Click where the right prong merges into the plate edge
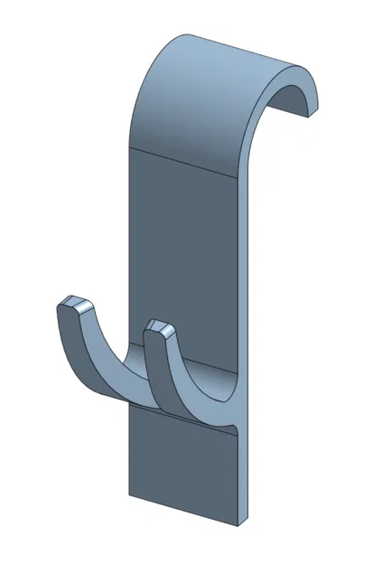pyautogui.click(x=237, y=420)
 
